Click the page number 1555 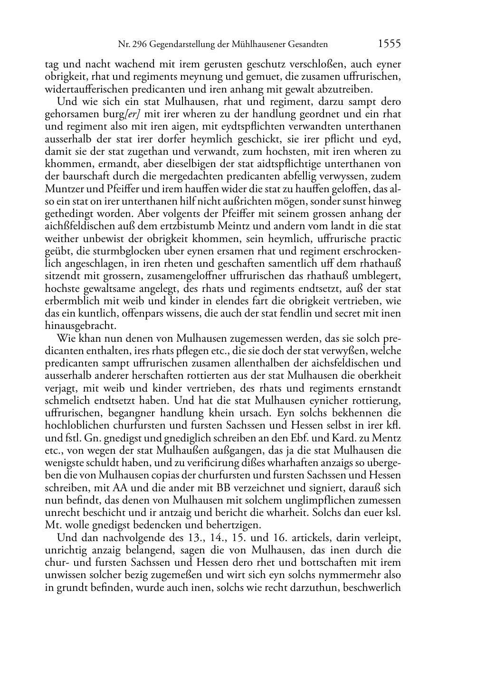point(390,44)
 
